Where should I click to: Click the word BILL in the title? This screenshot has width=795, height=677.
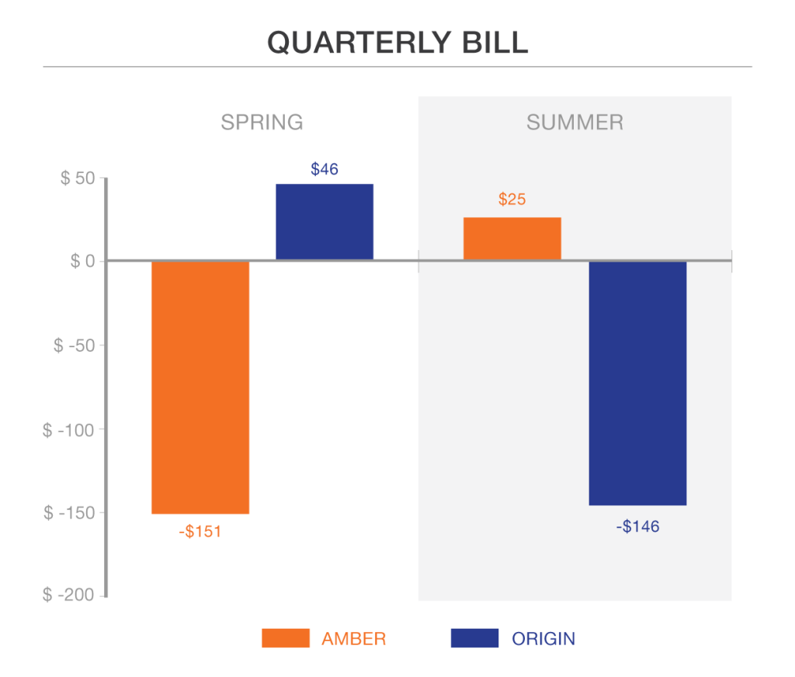tap(495, 43)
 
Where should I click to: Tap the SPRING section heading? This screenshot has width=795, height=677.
tap(262, 123)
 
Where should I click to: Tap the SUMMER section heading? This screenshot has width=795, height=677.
tap(575, 123)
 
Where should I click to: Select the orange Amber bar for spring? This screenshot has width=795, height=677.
tap(200, 387)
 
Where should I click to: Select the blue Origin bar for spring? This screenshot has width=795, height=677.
tap(325, 221)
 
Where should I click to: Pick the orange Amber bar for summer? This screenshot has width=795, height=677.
tap(512, 238)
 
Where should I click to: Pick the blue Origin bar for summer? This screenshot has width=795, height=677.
tap(637, 383)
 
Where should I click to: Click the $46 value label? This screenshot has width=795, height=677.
tap(325, 168)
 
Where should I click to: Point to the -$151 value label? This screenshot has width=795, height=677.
tap(200, 532)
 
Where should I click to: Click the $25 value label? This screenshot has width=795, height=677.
tap(512, 200)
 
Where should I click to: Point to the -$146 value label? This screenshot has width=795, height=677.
tap(637, 527)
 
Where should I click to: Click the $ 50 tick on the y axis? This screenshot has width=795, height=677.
tap(78, 179)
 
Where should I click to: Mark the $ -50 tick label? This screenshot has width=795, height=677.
tap(74, 345)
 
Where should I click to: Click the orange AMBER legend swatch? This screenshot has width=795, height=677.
tap(285, 638)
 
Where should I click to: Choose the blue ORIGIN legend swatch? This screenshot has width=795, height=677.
tap(474, 638)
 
